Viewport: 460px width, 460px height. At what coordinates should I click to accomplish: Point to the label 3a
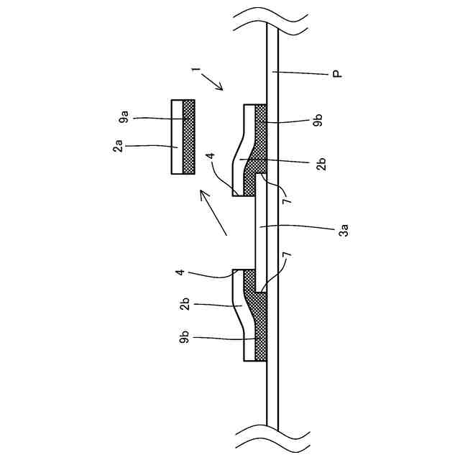pyautogui.click(x=345, y=231)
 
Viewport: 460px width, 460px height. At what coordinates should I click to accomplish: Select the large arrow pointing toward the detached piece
pyautogui.click(x=214, y=212)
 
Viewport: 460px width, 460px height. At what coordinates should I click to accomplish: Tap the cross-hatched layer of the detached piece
pyautogui.click(x=189, y=137)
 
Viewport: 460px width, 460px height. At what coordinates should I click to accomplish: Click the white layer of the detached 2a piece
pyautogui.click(x=178, y=137)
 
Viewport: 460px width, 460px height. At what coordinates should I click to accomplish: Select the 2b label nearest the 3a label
pyautogui.click(x=321, y=162)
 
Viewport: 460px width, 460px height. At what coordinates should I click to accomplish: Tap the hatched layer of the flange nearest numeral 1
pyautogui.click(x=261, y=133)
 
